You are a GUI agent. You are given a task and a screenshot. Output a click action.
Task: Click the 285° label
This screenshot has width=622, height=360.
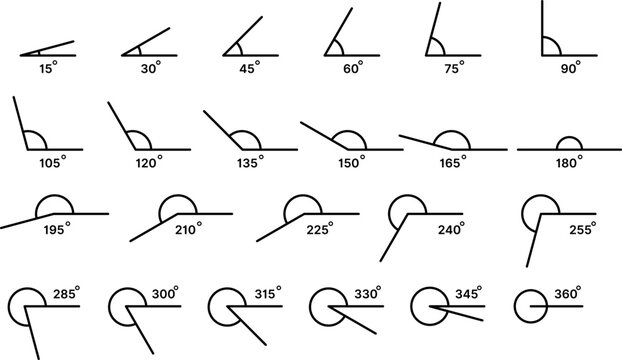pyautogui.click(x=65, y=294)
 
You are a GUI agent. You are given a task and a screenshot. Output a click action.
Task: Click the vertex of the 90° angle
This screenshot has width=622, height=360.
pyautogui.click(x=543, y=53)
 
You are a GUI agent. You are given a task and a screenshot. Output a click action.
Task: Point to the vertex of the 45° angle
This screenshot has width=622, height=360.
pyautogui.click(x=225, y=53)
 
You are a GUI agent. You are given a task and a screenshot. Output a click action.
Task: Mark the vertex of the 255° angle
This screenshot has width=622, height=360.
pyautogui.click(x=541, y=214)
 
